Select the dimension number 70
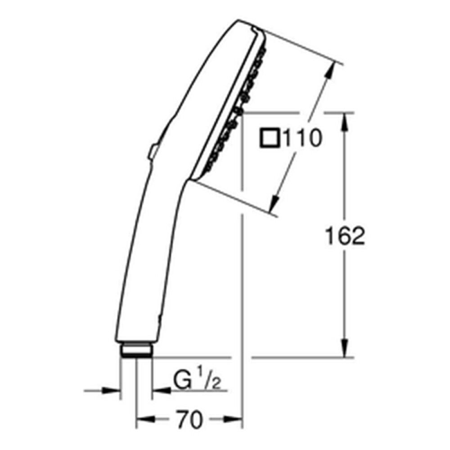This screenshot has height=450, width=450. click(189, 420)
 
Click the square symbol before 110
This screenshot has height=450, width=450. click(270, 138)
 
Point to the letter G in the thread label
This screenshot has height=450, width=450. click(183, 380)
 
